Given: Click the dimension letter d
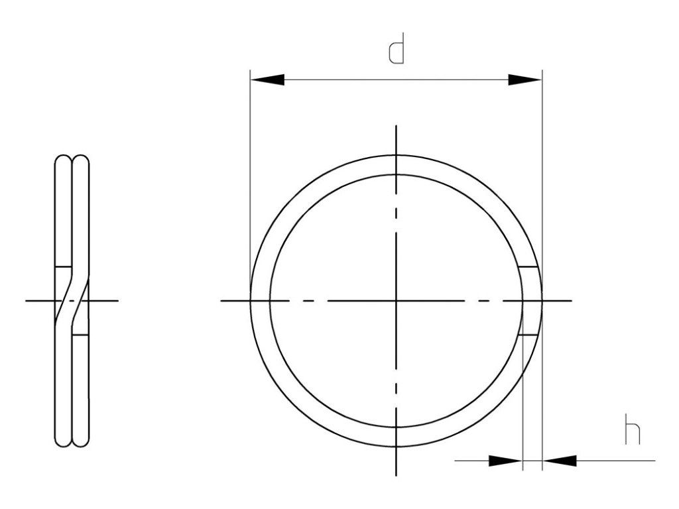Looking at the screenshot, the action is (397, 48).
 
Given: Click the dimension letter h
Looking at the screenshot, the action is (633, 429).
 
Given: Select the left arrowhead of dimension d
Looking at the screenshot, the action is (267, 80).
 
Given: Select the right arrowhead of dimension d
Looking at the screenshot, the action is (525, 80).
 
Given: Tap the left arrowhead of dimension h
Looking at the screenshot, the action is (506, 461).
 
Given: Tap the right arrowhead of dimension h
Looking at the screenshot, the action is (560, 461).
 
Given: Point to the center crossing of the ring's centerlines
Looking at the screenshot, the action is (396, 300).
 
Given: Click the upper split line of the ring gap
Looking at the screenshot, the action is (528, 266).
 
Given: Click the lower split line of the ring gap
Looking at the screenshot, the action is (528, 335).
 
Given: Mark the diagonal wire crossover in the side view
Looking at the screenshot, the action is (72, 300).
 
